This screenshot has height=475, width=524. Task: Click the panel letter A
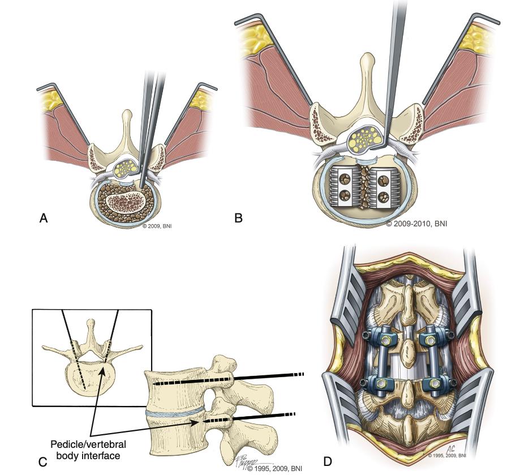pos(43,219)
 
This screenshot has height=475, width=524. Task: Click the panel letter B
pos(238,218)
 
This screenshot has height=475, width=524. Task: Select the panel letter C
pos(42,461)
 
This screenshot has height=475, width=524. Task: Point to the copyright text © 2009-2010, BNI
pos(416,224)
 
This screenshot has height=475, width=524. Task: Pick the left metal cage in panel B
pos(342,189)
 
